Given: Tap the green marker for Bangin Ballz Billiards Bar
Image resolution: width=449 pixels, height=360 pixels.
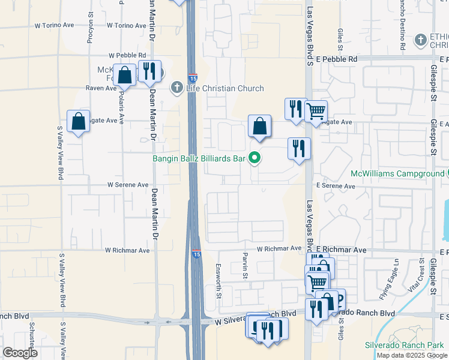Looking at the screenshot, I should point(255,158).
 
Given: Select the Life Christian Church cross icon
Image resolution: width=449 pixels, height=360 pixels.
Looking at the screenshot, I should point(176,88).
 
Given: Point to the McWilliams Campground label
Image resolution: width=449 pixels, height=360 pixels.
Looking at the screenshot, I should point(397,174).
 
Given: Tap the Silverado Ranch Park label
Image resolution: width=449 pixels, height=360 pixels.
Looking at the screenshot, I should point(403,345).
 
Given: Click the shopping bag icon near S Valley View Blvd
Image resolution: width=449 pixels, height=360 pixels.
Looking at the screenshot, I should point(79,122).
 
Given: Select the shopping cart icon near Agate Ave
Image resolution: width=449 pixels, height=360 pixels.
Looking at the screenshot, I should point(316,111).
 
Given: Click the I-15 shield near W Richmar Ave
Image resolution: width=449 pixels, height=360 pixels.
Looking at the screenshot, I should point(196,254).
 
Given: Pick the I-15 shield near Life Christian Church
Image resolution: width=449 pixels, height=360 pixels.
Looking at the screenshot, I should point(192,78).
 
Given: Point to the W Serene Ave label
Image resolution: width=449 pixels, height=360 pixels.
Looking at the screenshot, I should point(127,185).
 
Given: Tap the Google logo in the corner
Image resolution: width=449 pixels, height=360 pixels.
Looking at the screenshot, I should point(20,353).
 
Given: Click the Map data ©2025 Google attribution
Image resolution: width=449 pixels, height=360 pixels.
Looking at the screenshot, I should point(412,355).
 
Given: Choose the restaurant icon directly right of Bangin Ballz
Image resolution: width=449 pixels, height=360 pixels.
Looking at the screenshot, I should point(299,148).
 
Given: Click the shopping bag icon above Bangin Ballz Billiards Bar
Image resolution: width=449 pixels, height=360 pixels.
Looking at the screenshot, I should point(259,127).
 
